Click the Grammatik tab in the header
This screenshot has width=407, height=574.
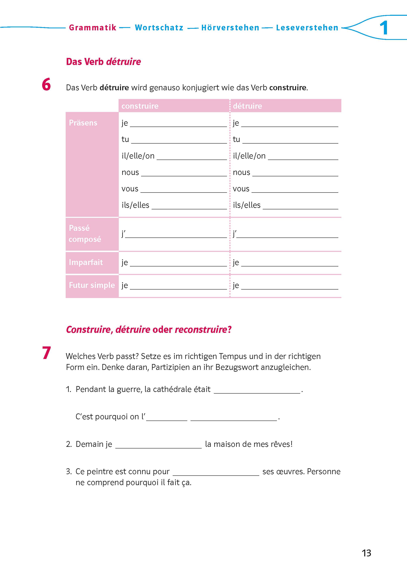click(92, 28)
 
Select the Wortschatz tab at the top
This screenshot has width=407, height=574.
click(159, 28)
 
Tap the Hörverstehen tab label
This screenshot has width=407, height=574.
click(230, 28)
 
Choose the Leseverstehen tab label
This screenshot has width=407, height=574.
click(307, 28)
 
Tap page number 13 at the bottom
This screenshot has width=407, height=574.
click(366, 553)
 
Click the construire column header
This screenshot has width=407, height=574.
click(140, 106)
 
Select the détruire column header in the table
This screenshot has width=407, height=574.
click(247, 106)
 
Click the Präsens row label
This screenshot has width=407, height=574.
click(83, 123)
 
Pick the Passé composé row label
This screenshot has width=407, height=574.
click(85, 233)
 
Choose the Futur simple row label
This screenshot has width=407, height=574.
click(92, 285)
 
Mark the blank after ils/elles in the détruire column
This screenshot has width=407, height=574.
click(300, 206)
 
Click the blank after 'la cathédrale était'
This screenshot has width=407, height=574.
click(257, 390)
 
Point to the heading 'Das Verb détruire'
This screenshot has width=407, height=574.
click(103, 62)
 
